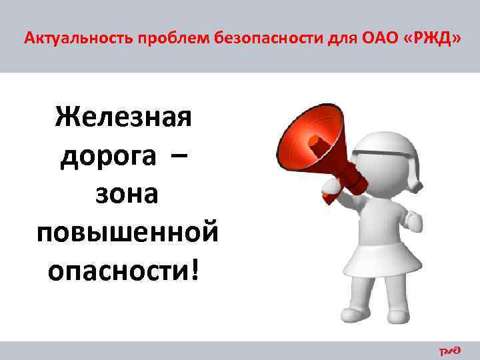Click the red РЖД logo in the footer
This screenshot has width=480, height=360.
click(x=449, y=350)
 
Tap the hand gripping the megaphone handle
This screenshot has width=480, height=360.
click(x=331, y=189)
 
